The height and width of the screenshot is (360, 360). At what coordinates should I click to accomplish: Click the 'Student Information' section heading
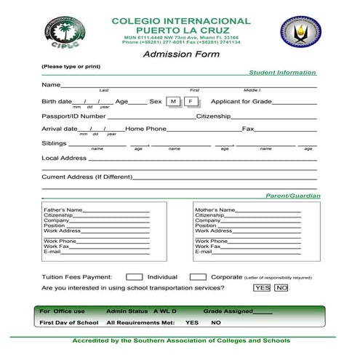pos(282,73)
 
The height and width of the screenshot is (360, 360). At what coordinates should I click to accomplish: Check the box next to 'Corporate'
pos(198,277)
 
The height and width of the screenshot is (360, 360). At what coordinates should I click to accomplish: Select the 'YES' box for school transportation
pos(262,288)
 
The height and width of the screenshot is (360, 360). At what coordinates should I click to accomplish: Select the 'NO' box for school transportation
pos(281,288)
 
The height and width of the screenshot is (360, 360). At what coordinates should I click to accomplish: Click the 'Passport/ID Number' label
pos(73,116)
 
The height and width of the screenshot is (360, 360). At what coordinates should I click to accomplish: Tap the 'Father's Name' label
pos(63,210)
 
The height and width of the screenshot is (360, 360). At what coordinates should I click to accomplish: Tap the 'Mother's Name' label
pos(215,210)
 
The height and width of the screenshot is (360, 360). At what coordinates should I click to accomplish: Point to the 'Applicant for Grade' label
pos(241,101)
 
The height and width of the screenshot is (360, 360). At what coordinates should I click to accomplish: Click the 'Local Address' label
pos(64,158)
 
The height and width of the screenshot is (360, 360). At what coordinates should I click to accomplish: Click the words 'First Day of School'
pos(69,322)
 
